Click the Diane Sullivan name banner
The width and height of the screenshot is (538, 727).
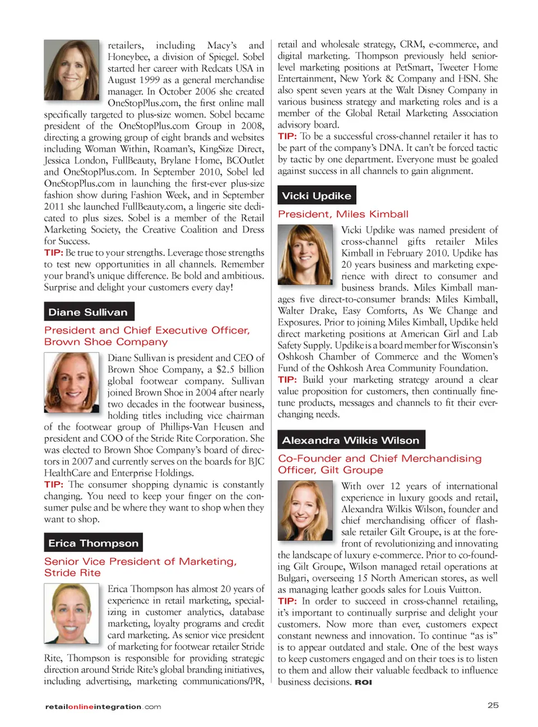coord(89,312)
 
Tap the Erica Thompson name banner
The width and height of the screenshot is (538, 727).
coord(93,543)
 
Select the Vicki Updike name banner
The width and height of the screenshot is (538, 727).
coord(317,196)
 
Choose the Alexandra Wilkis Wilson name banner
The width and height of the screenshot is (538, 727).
coord(351,440)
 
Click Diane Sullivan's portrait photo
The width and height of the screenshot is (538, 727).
coord(71,383)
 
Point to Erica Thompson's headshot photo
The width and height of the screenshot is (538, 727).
coord(71,614)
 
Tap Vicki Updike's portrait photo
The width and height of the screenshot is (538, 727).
coord(305,254)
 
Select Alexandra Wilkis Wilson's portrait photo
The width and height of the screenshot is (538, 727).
coord(305,511)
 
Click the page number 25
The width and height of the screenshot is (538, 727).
coord(493,705)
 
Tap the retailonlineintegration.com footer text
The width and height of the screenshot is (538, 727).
coord(103,707)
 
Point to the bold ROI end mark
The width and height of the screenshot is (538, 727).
coord(363,682)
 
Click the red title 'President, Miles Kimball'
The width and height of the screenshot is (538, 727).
coord(343,214)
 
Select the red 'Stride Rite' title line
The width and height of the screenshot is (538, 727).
coord(72,573)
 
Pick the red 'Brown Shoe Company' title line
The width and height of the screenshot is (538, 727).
coord(106,342)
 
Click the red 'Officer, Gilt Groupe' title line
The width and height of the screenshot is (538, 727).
coord(331,470)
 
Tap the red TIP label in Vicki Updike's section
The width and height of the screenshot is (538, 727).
coord(287,380)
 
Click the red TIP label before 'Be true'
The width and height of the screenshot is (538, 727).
coord(53,253)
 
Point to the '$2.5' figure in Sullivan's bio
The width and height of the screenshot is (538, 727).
coord(225,369)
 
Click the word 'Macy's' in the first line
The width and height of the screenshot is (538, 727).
coord(222,45)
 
